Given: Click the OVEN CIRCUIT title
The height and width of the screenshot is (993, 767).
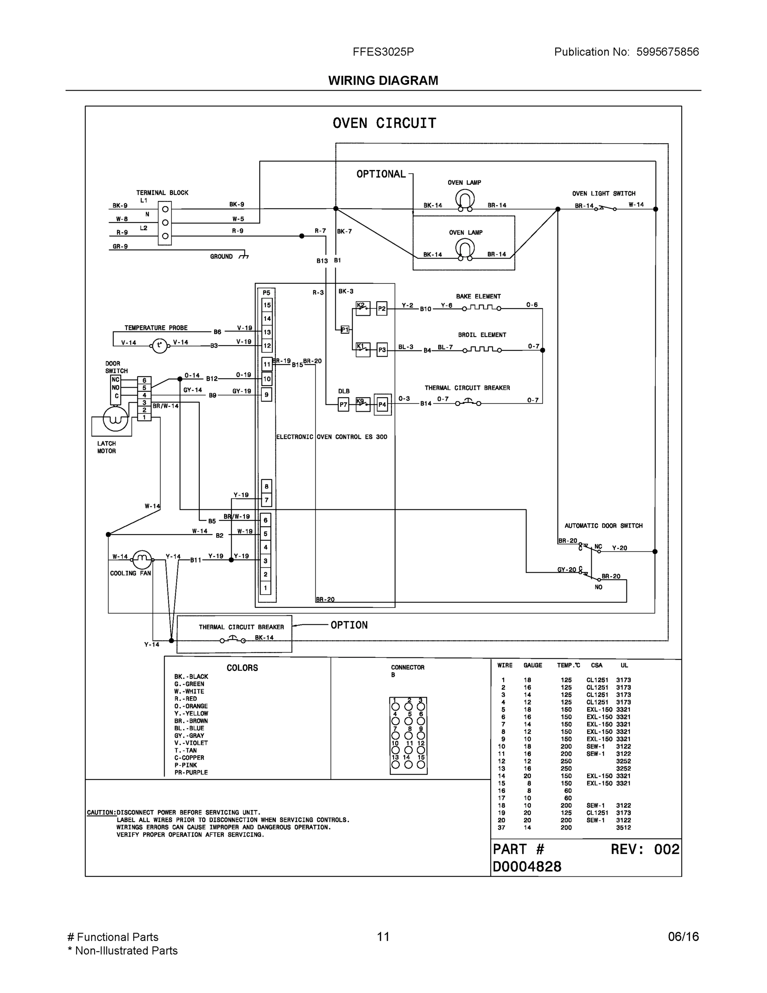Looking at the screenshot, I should [x=384, y=123].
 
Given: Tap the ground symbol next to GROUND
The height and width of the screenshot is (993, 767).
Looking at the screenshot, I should [x=244, y=256].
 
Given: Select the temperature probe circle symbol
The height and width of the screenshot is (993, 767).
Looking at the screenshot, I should [x=159, y=345].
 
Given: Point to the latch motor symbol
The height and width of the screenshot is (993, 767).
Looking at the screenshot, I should [x=115, y=419].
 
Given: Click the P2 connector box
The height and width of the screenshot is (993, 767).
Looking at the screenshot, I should [x=382, y=309].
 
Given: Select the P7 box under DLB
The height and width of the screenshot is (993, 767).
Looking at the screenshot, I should [x=343, y=404].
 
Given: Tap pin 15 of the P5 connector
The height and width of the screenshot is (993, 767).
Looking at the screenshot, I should [x=267, y=305].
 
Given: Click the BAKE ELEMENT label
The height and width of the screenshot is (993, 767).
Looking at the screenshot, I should [x=478, y=296].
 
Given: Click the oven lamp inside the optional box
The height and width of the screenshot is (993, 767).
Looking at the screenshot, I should [x=464, y=249].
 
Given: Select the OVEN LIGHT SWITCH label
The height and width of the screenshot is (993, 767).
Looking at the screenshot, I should [x=603, y=194].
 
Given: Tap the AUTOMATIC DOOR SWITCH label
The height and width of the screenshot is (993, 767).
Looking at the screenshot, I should [x=603, y=525].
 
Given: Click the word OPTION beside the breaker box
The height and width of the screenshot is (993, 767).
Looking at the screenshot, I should [x=349, y=625].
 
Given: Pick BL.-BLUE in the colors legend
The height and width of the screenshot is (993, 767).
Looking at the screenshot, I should [x=189, y=728].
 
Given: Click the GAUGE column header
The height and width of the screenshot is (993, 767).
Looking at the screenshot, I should [x=533, y=665].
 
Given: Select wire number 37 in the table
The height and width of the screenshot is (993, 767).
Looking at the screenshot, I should [x=501, y=827].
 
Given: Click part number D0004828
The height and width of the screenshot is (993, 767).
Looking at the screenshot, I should [x=527, y=867].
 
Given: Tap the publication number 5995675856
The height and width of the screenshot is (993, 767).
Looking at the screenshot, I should [x=667, y=52].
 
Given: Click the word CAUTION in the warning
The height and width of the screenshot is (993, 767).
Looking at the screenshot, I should [x=101, y=813].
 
